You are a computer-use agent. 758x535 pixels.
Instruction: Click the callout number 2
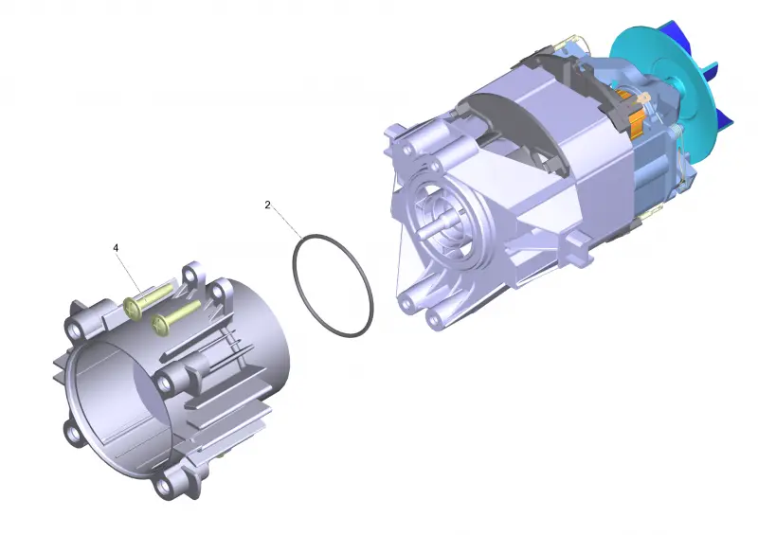pyautogui.click(x=267, y=205)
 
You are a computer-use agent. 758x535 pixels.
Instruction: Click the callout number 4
pyautogui.click(x=116, y=247)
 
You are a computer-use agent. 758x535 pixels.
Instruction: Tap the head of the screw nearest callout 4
pyautogui.click(x=132, y=308)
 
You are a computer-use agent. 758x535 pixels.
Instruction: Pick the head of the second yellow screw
pyautogui.click(x=159, y=322)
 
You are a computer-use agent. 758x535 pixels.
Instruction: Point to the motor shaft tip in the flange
pyautogui.click(x=422, y=231)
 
